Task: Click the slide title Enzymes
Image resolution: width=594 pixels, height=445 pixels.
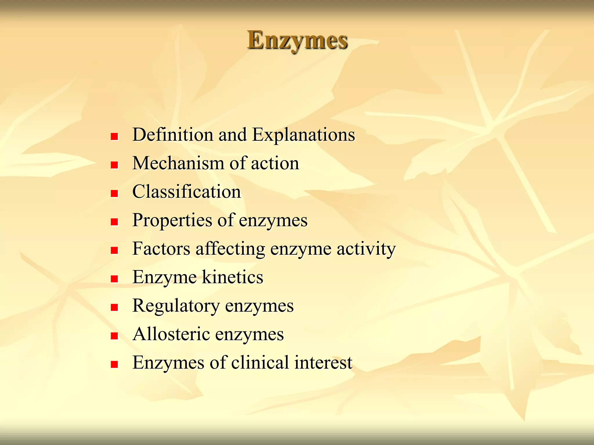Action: (x=297, y=40)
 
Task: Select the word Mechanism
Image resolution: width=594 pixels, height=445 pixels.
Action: (x=178, y=163)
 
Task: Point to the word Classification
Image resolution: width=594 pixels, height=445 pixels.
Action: (x=186, y=192)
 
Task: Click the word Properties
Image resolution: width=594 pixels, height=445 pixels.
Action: (x=172, y=220)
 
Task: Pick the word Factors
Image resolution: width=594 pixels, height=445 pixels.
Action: (x=161, y=249)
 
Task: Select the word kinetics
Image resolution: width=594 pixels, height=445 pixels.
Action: (x=233, y=277)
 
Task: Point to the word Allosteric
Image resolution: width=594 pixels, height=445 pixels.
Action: (x=171, y=334)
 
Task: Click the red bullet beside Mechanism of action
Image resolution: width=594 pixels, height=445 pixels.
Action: (x=115, y=165)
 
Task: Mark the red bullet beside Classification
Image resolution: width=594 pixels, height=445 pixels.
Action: (x=115, y=194)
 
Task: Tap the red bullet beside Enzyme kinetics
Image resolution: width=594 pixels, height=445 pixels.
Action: (x=115, y=279)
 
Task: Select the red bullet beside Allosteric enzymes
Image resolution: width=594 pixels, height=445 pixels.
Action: (x=115, y=336)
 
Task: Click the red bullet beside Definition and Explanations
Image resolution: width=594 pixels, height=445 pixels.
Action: (x=115, y=136)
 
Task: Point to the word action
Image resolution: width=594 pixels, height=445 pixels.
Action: (x=275, y=163)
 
